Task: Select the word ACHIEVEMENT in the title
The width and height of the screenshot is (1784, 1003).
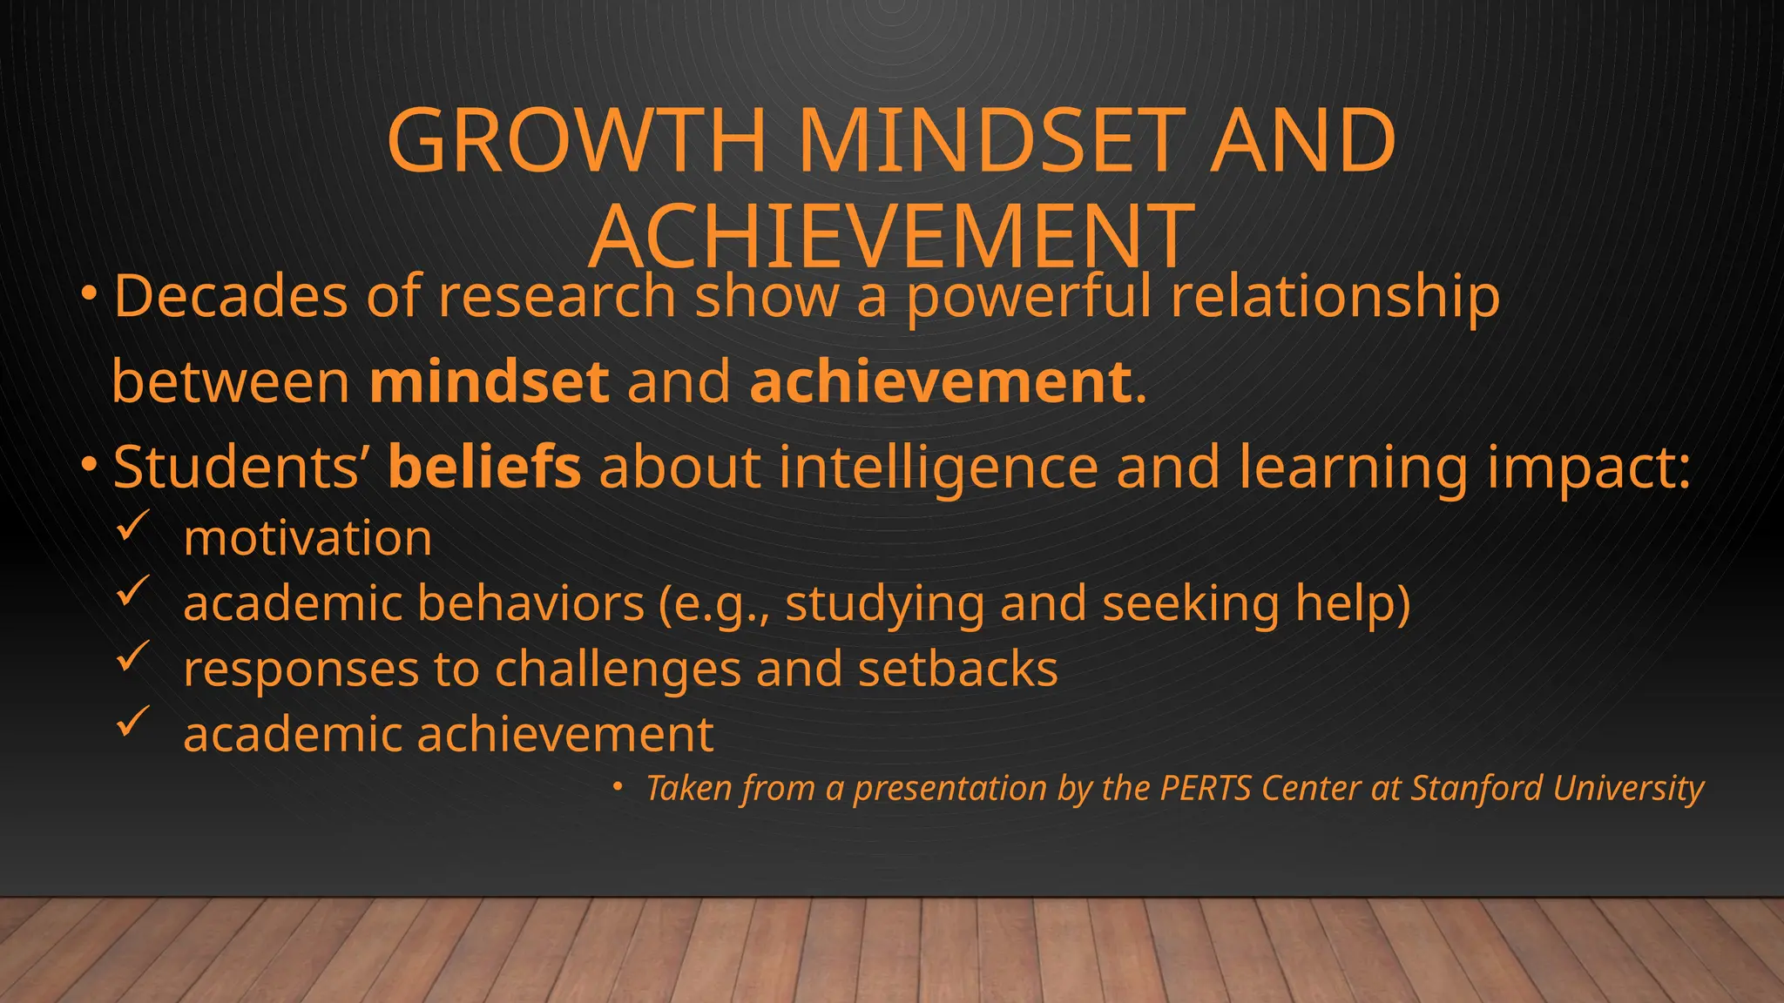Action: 891,236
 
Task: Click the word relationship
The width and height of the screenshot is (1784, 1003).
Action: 1335,298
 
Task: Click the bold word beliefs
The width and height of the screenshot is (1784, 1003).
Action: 484,467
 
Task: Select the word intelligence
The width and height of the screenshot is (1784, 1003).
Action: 938,468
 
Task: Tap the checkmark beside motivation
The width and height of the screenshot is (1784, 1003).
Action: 133,527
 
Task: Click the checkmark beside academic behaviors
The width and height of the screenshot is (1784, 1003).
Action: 133,592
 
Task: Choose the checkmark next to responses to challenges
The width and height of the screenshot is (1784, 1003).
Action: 133,657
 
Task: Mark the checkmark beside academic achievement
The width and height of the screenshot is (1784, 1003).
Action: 133,723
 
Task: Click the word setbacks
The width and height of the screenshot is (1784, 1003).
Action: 957,669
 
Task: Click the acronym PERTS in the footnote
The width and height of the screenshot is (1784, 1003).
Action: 1206,788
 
